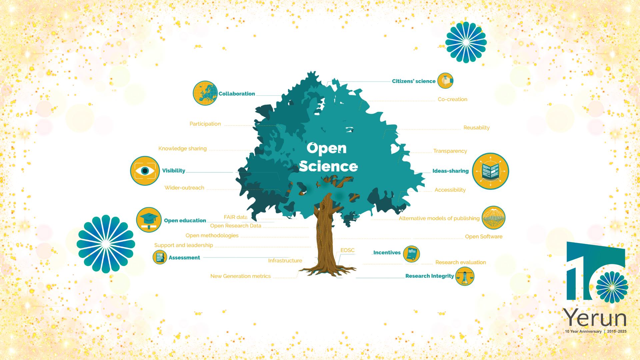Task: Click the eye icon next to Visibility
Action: pos(145,171)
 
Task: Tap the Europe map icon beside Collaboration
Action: pos(205,93)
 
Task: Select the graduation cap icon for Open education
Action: pos(149,220)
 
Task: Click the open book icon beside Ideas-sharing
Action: pos(490,171)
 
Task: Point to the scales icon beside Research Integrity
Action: pos(465,276)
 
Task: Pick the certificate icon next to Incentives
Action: pos(411,254)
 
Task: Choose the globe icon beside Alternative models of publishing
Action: pos(493,218)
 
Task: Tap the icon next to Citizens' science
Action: pos(445,81)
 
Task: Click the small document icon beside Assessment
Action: pos(160,257)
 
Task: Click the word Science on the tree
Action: pos(328,166)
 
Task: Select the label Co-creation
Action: pos(452,99)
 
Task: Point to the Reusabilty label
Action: pos(476,128)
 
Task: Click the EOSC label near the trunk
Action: pos(347,250)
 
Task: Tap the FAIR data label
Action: pos(235,217)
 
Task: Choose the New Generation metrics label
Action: pos(240,276)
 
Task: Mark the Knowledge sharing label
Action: pos(182,149)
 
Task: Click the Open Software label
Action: pos(483,237)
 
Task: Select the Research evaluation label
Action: pos(460,263)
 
